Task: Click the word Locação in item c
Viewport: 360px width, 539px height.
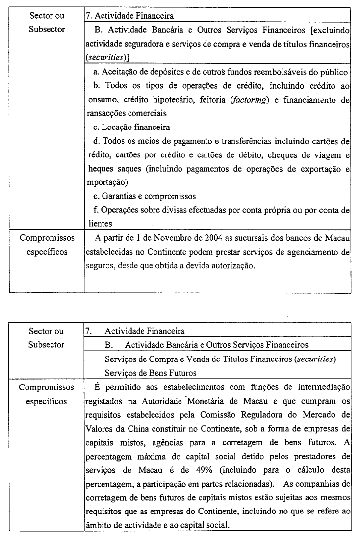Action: click(x=117, y=127)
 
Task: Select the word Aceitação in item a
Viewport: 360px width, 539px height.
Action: click(x=119, y=72)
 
